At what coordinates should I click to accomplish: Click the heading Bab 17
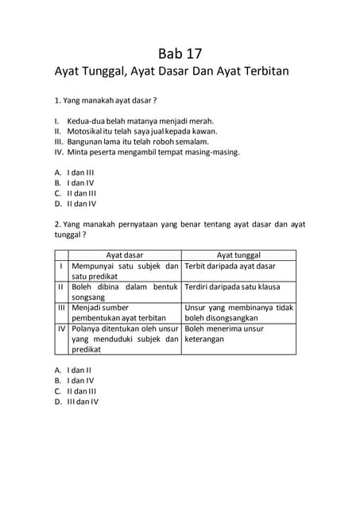(x=180, y=54)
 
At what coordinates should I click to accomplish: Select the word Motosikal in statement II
(x=88, y=130)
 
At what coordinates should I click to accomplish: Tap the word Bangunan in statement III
(x=88, y=141)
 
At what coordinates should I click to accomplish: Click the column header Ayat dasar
(x=125, y=255)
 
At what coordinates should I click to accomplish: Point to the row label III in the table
(x=60, y=307)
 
